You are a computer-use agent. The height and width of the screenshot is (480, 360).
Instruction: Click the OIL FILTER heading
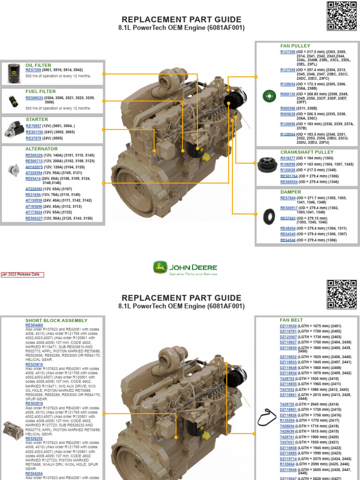click(38, 65)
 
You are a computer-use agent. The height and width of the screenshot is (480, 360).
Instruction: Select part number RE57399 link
click(34, 70)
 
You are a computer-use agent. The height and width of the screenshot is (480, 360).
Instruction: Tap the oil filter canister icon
click(13, 74)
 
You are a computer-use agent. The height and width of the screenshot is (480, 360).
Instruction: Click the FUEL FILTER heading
click(40, 91)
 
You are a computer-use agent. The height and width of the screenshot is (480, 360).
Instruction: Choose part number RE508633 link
click(34, 98)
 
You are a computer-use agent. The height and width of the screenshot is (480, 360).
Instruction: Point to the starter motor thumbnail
click(14, 128)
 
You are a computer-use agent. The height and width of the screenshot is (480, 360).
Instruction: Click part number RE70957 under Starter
click(34, 126)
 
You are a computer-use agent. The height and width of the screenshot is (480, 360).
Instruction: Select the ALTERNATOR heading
click(41, 149)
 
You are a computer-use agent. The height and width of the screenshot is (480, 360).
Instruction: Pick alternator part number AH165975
click(34, 167)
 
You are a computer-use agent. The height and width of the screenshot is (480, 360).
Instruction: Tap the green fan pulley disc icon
click(269, 96)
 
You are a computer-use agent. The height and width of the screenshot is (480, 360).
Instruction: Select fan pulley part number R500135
click(288, 94)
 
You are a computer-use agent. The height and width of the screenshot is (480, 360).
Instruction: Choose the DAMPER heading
click(291, 192)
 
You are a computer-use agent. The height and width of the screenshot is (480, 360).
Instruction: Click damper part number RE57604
click(288, 199)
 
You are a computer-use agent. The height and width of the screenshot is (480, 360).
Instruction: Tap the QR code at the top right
click(341, 16)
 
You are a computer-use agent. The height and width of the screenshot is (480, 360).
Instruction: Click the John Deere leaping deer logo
click(160, 268)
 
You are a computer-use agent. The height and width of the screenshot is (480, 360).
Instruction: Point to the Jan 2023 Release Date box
click(22, 275)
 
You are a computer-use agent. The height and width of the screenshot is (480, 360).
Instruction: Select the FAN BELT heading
click(292, 320)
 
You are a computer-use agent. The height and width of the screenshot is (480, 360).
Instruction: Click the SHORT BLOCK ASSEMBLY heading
click(56, 321)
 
